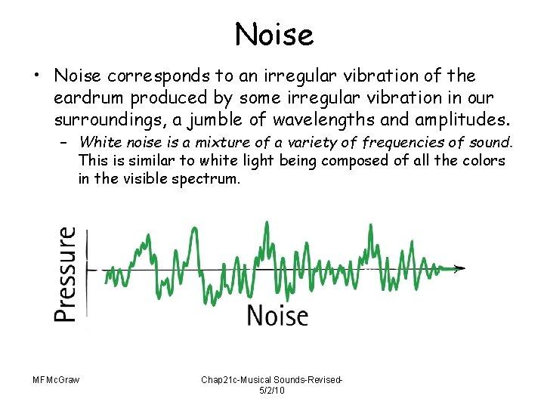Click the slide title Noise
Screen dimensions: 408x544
pos(273,34)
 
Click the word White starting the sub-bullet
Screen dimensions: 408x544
pos(96,142)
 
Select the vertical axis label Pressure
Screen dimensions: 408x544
pos(66,274)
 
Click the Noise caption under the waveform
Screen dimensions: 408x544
pos(277,314)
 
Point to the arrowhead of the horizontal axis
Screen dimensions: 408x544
pos(460,268)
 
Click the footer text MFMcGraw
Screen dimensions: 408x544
pos(57,379)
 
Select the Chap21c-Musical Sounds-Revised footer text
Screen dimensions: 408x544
pos(272,379)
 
